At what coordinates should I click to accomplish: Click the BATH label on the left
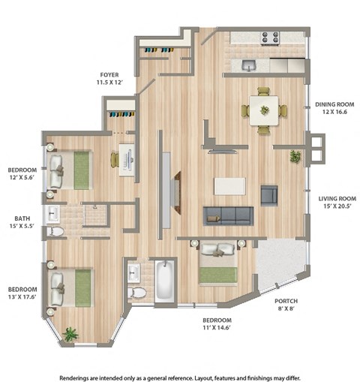point(22,219)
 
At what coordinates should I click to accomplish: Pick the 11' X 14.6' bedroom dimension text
point(220,328)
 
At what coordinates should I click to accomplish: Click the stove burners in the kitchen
point(271,37)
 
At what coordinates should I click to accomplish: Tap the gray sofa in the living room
point(228,215)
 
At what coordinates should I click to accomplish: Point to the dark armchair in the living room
point(269,196)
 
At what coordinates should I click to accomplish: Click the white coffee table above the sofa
point(229,185)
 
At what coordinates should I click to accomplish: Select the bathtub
point(165,281)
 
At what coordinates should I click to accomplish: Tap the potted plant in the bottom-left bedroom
point(70,334)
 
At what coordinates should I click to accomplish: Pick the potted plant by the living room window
point(295,157)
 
